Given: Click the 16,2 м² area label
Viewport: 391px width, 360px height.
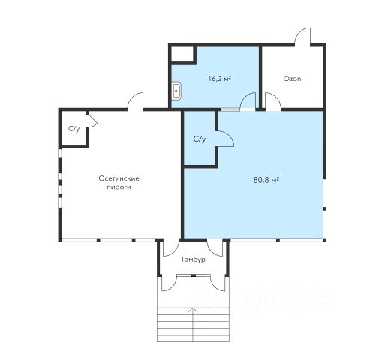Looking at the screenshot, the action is click(219, 79).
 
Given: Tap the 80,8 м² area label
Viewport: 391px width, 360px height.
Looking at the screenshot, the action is click(266, 180).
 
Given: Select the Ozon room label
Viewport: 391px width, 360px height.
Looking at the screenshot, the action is click(292, 79).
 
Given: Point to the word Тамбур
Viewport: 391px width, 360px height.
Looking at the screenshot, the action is click(193, 259).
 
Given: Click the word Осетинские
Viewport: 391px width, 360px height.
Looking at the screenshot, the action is click(119, 178).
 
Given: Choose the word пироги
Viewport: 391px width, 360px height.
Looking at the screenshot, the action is click(119, 187).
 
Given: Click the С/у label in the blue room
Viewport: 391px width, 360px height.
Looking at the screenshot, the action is click(200, 139).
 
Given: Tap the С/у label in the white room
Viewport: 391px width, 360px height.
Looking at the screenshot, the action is click(74, 129).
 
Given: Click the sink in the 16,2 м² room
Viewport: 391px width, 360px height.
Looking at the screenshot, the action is click(177, 90).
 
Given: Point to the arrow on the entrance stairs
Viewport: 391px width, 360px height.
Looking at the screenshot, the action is click(193, 324).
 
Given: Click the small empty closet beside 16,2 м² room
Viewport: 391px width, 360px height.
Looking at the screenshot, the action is click(182, 54).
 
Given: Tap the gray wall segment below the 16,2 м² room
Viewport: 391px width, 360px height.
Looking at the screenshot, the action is click(230, 109).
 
